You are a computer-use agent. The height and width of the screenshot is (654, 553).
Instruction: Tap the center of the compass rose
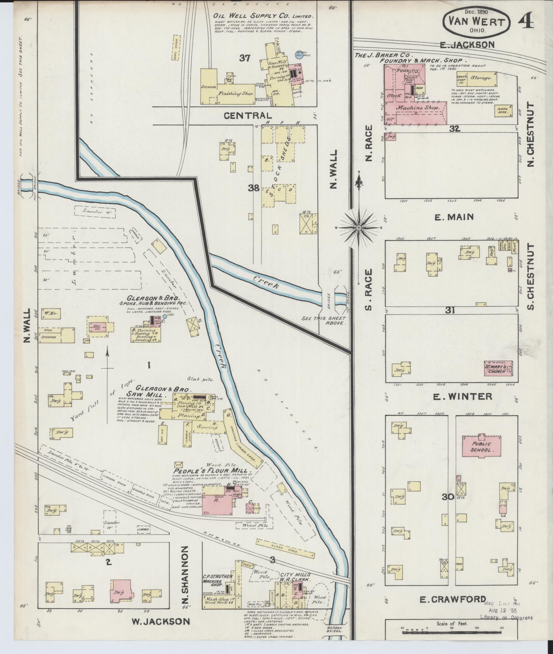tap(358, 228)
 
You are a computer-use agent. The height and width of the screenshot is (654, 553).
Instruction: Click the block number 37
tap(245, 58)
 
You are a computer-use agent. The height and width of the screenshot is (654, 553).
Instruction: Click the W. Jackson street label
tap(160, 621)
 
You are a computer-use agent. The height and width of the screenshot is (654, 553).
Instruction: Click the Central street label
tap(248, 115)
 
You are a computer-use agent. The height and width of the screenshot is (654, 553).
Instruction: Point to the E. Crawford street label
tap(453, 600)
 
